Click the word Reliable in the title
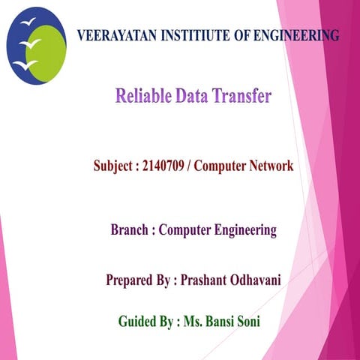click(143, 97)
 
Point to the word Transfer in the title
click(241, 97)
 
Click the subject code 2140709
click(163, 166)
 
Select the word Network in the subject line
click(268, 166)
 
